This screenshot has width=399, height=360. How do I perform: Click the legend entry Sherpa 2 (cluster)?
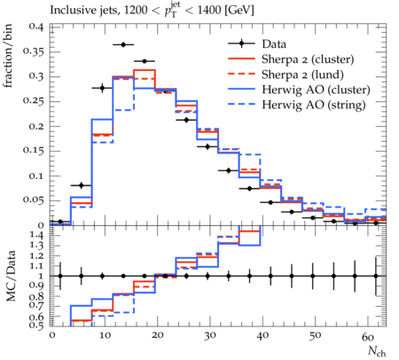tap(308, 59)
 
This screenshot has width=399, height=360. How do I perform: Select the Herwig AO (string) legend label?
tap(314, 105)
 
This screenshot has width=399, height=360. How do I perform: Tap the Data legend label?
tap(274, 44)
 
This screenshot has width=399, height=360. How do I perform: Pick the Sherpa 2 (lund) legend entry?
tap(302, 74)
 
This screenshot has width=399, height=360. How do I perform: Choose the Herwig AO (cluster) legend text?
tap(316, 90)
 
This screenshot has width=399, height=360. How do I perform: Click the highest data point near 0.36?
tap(123, 44)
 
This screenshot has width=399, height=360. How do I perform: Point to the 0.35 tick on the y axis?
tap(35, 51)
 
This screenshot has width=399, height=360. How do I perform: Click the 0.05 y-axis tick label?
tap(35, 200)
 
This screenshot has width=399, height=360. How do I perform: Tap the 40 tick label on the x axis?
tap(262, 336)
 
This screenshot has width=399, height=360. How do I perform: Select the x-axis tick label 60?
tap(368, 336)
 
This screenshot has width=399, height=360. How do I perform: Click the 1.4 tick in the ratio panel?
tap(38, 236)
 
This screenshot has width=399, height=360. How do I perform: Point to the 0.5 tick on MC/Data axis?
tap(38, 325)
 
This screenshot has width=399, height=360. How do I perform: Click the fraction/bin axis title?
tap(8, 56)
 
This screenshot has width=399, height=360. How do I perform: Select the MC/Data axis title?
tap(11, 277)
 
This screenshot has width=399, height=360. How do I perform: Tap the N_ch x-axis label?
tap(377, 351)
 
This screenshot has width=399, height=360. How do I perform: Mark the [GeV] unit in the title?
tap(239, 11)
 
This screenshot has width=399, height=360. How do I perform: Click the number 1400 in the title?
tap(209, 11)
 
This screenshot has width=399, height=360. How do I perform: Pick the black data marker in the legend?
tap(241, 44)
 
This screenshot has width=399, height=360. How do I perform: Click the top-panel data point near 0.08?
tap(82, 185)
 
